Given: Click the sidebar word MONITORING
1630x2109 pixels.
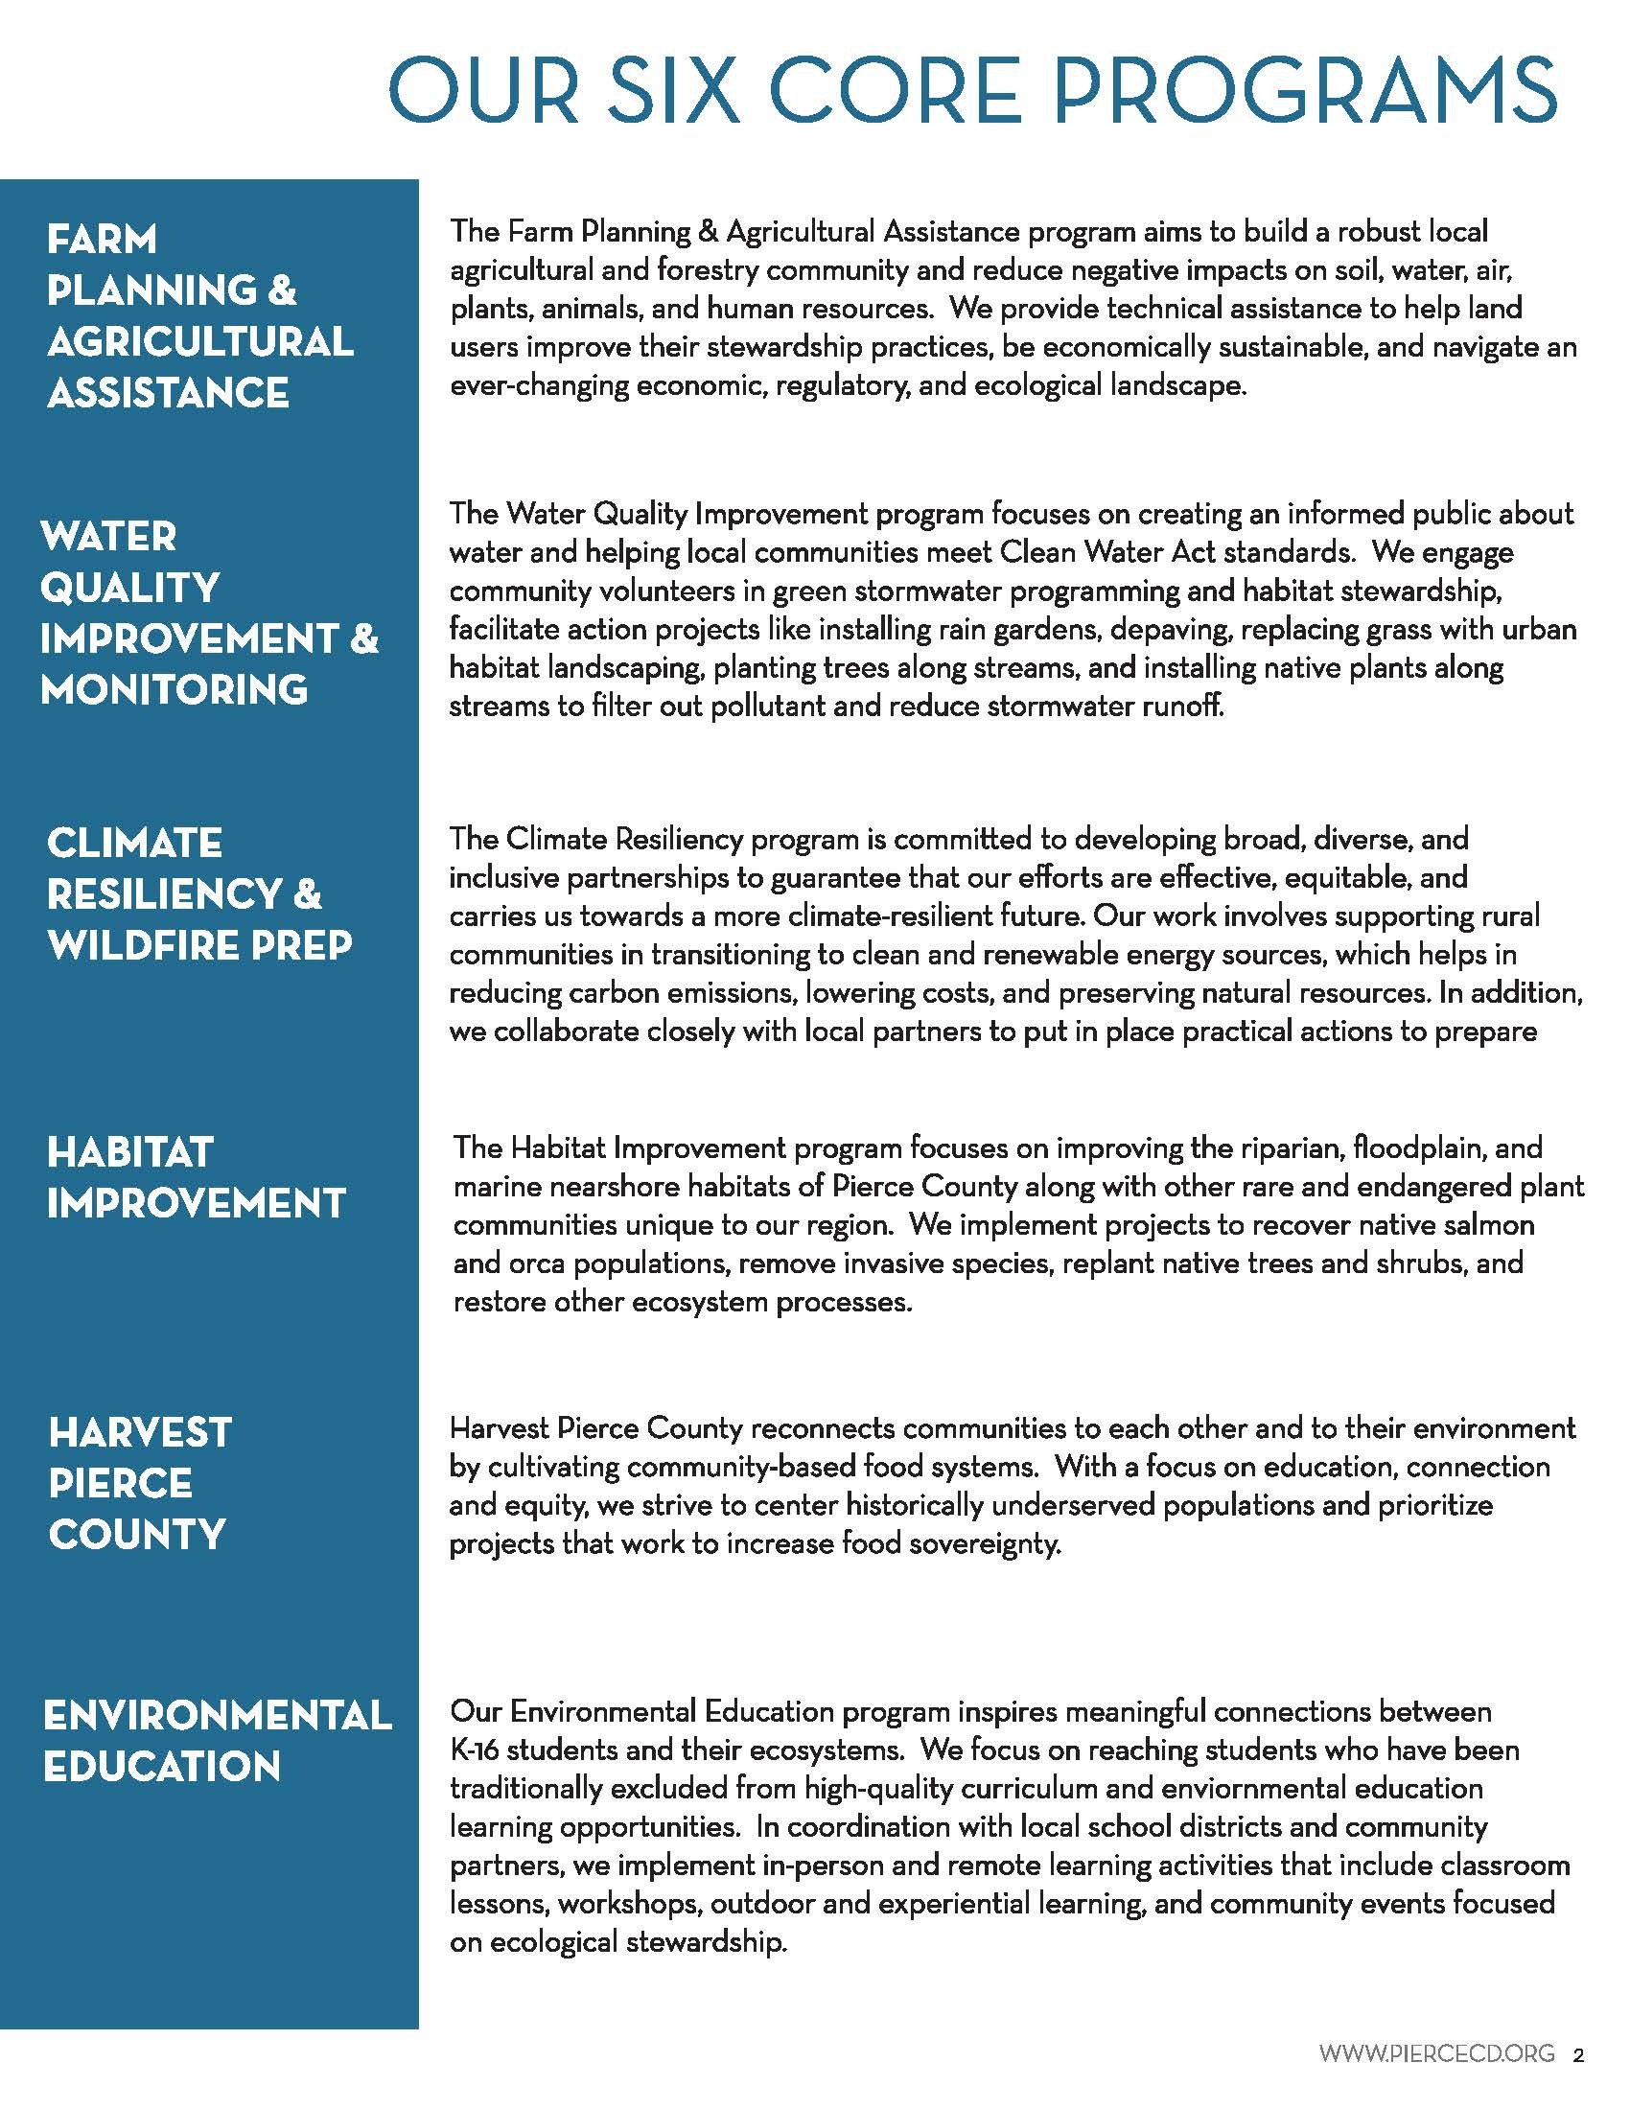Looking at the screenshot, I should tap(175, 689).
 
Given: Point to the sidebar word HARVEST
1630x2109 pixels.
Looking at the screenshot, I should tap(140, 1432).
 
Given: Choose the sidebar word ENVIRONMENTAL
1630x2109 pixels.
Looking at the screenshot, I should tap(218, 1716).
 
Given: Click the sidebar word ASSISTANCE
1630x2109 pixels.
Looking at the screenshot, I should tap(168, 393).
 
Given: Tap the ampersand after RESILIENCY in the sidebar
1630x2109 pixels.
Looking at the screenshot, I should tap(306, 894).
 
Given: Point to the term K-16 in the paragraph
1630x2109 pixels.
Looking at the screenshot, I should tap(474, 1750).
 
